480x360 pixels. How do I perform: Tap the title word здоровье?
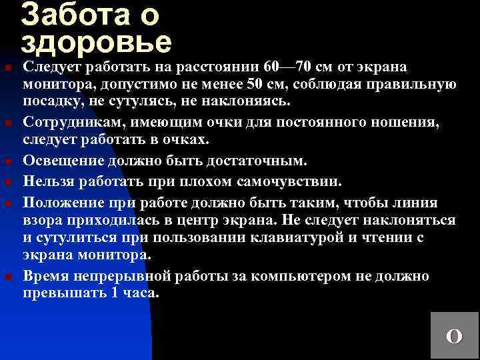pos(97,41)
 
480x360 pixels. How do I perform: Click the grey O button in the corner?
pos(454,335)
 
